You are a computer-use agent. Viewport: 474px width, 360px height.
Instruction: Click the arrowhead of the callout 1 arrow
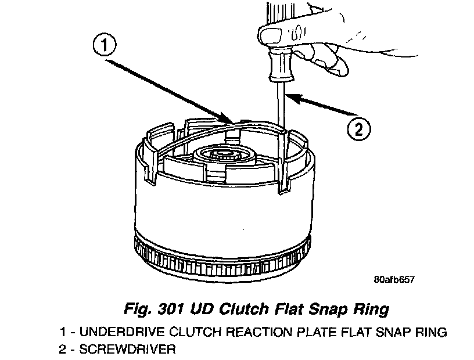[229, 119]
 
